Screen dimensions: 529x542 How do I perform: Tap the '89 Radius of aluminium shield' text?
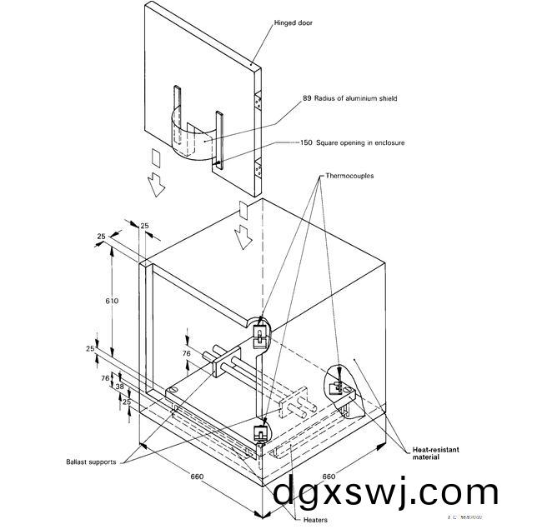tap(349, 98)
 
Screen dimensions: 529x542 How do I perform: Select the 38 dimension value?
tap(118, 387)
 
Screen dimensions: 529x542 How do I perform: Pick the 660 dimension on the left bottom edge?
tap(197, 477)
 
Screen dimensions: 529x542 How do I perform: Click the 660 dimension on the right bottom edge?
tap(329, 477)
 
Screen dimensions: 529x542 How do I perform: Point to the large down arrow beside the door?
tap(154, 185)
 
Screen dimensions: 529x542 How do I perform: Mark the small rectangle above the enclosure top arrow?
tap(243, 207)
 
